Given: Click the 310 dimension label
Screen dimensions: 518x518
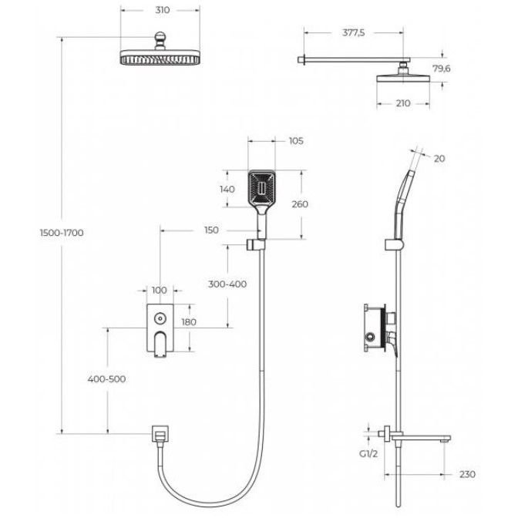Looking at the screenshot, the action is click(x=162, y=10).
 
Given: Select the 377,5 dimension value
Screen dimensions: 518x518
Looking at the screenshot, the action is click(x=354, y=32).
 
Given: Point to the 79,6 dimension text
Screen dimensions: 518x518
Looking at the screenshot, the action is click(x=442, y=69).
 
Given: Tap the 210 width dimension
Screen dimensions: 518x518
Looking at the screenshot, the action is click(x=403, y=103).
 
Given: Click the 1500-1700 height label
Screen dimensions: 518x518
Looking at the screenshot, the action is click(x=62, y=233).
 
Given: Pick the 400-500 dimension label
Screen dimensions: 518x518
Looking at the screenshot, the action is click(x=106, y=379).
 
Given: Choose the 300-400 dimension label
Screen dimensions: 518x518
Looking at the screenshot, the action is click(x=227, y=284).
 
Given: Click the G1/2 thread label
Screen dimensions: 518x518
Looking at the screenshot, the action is click(x=368, y=454).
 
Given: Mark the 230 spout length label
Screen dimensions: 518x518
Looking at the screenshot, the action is click(x=467, y=474).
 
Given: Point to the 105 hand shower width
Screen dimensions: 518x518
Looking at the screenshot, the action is click(x=296, y=141).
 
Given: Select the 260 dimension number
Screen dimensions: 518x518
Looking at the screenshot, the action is click(x=300, y=204).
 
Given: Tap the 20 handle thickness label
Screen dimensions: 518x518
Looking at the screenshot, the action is click(x=439, y=159).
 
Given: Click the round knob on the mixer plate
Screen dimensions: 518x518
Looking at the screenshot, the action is click(x=160, y=319).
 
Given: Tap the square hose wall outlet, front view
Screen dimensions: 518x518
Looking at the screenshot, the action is click(x=160, y=433).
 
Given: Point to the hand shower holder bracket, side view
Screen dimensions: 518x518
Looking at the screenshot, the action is click(x=395, y=244).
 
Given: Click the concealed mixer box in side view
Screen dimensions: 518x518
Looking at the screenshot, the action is click(x=375, y=328).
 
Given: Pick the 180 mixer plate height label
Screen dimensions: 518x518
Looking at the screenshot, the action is click(x=189, y=321).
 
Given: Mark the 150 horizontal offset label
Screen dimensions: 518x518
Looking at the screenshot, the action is click(x=211, y=230).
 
